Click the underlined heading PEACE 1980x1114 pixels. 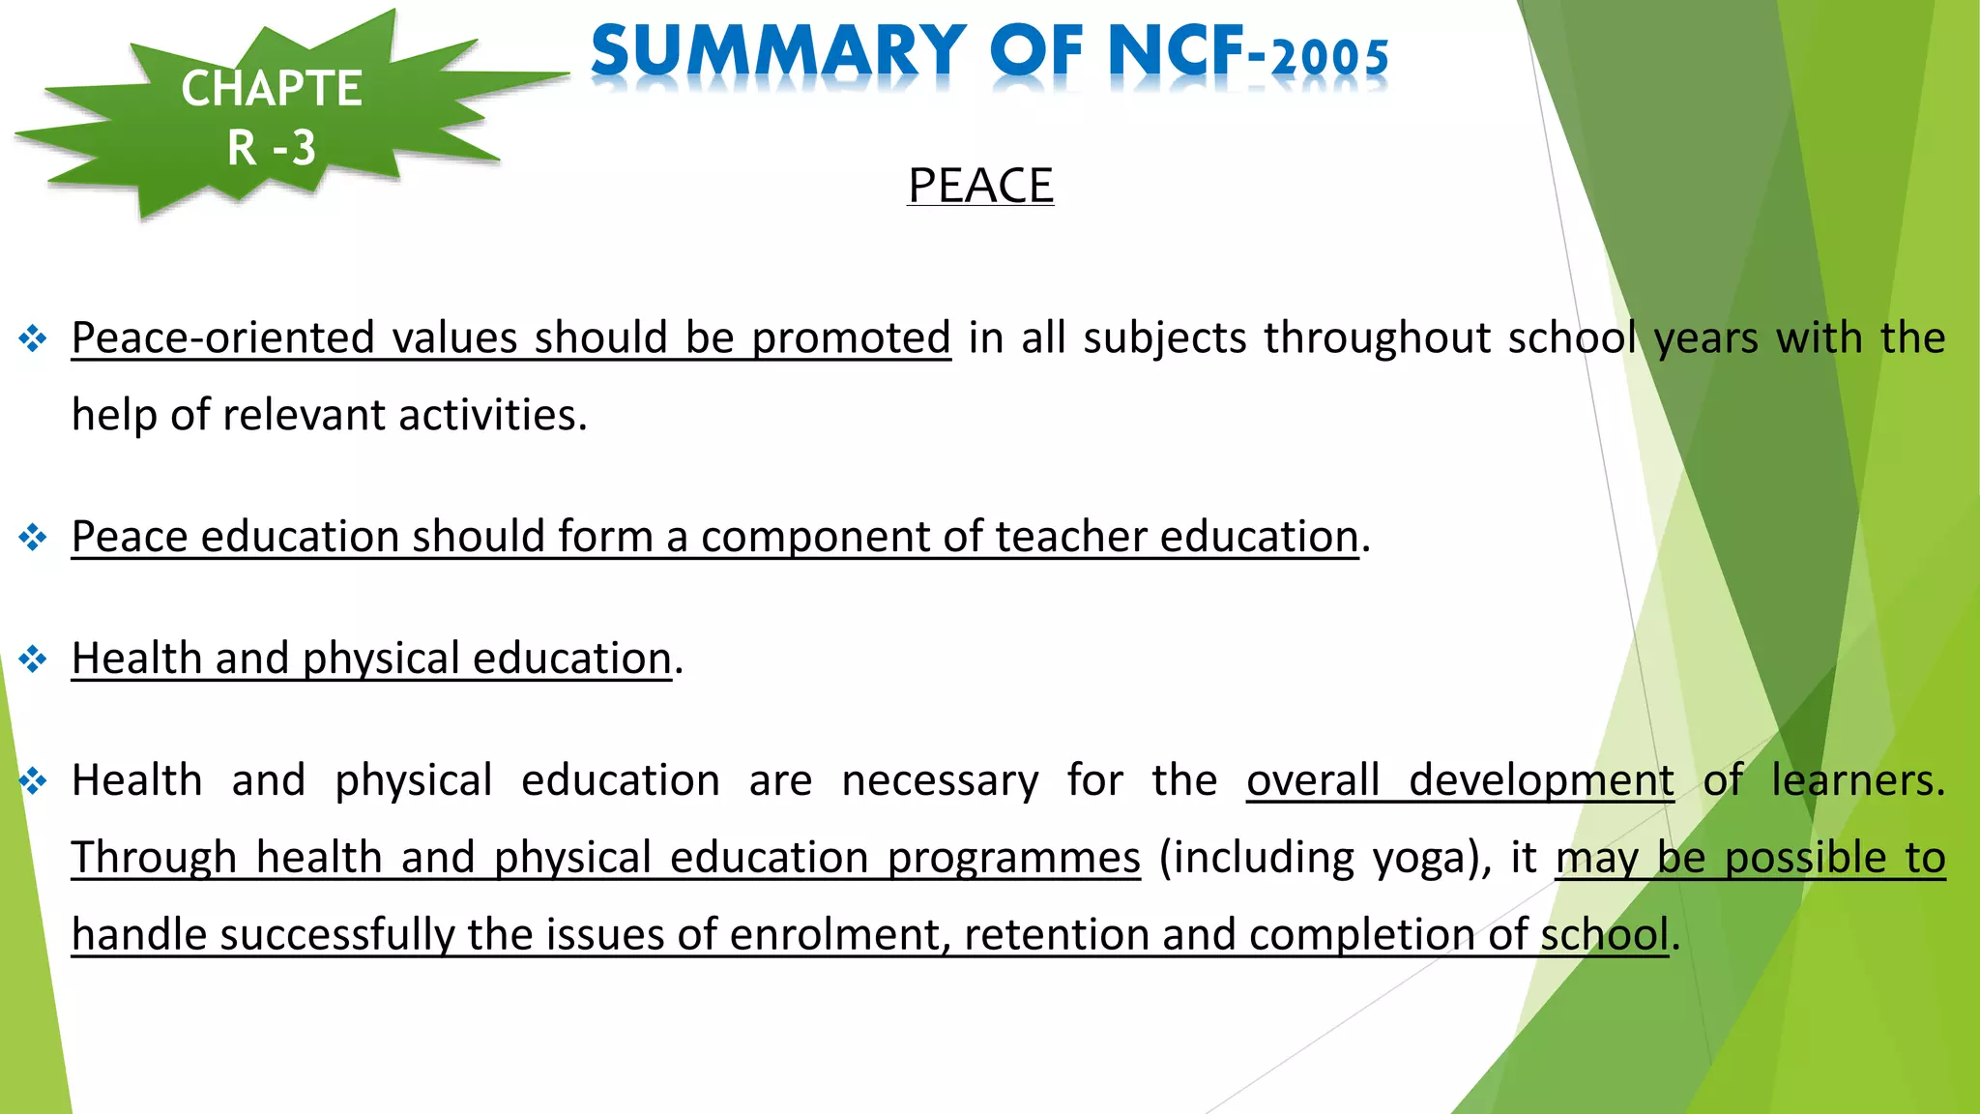[980, 186]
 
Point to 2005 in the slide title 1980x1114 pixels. [1330, 58]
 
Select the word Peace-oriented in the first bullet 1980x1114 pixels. [221, 338]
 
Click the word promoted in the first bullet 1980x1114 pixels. [851, 338]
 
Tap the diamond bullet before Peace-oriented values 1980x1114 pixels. [33, 338]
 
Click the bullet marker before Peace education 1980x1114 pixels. [33, 537]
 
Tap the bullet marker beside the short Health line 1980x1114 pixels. [33, 660]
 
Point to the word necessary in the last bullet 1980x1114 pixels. [940, 781]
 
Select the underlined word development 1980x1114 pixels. [1541, 781]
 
